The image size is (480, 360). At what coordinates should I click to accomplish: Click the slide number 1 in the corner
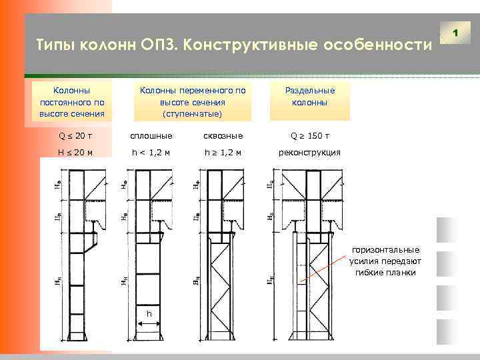456,32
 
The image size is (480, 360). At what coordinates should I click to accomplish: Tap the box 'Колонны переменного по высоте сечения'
192,102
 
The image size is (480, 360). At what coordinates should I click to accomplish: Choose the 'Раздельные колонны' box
310,97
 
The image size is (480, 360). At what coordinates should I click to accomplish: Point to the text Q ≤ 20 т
75,137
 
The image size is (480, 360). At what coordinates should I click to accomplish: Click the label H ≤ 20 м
75,153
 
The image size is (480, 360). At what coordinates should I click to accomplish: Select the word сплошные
151,137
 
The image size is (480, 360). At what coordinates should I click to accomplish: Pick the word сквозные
223,137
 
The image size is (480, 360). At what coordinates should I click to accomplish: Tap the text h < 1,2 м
151,153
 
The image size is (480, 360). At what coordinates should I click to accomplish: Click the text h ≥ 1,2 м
223,153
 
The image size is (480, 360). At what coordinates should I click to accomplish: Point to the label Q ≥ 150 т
309,137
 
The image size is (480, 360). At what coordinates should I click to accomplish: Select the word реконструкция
309,153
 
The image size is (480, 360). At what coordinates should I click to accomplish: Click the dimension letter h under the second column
149,313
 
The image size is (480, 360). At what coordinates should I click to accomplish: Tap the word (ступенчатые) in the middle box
192,114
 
